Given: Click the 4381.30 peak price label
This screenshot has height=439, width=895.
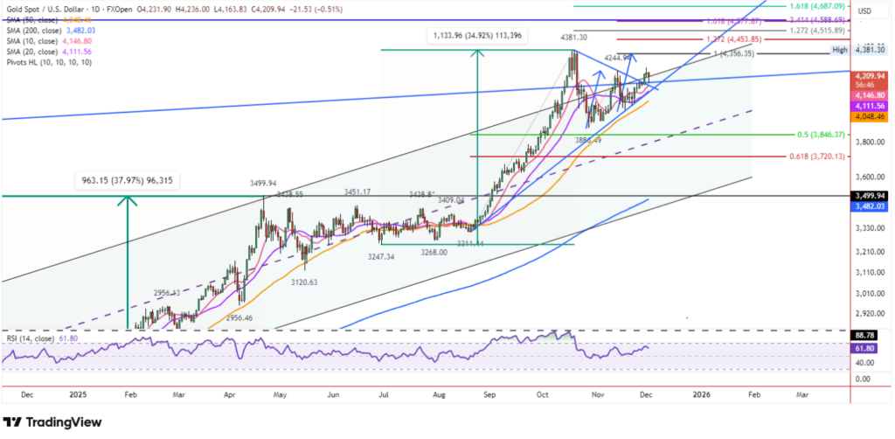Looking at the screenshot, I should pos(573,38).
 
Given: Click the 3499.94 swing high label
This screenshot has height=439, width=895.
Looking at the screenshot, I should pos(264,184).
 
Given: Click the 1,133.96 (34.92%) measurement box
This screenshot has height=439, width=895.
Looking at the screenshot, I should pos(478,35).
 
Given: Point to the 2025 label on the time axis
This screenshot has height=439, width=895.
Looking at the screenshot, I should pos(80,394).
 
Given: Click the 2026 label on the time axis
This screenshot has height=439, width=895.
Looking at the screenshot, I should pos(701,394).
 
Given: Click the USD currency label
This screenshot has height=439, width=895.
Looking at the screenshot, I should pos(866,10).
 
